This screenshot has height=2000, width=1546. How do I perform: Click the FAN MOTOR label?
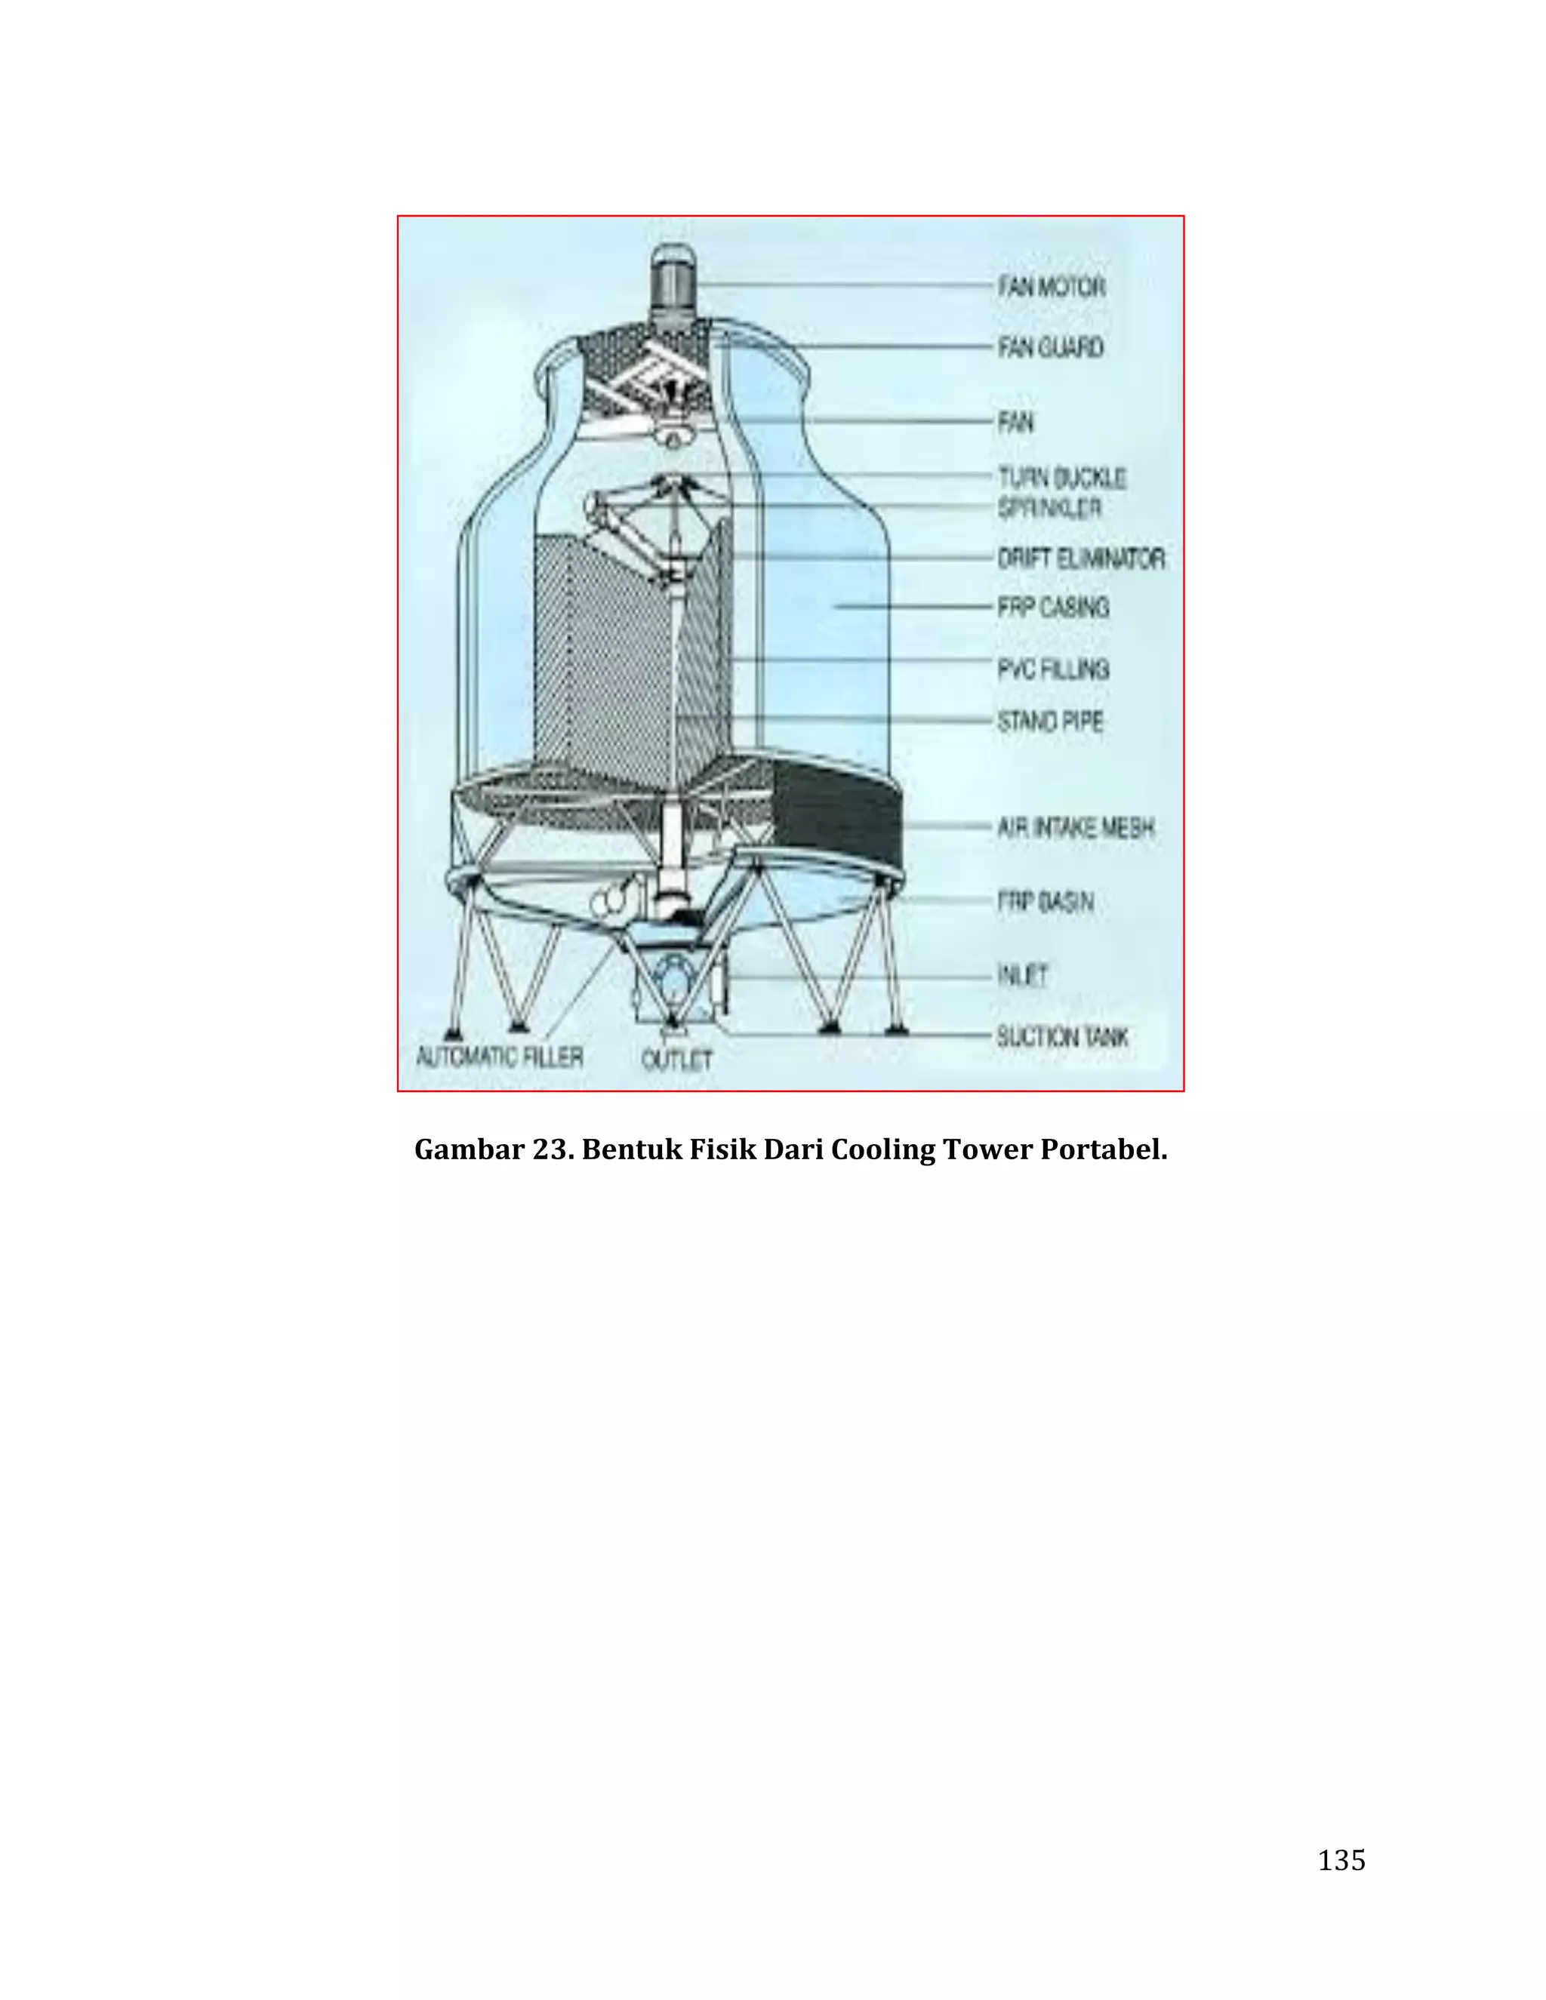[x=1052, y=287]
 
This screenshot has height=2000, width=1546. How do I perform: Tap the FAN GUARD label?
[x=1051, y=347]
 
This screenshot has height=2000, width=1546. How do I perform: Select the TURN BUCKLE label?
[x=1061, y=477]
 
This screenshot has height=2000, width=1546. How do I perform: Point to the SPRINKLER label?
[x=1049, y=507]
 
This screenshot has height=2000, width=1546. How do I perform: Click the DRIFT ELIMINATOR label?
[x=1081, y=558]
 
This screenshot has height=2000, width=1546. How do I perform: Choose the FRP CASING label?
[x=1053, y=606]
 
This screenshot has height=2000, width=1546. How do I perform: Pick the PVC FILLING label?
[x=1053, y=669]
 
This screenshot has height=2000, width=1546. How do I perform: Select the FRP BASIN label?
[x=1046, y=901]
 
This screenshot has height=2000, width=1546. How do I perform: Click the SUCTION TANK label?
[x=1062, y=1037]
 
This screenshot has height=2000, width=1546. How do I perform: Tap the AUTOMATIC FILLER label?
[x=500, y=1057]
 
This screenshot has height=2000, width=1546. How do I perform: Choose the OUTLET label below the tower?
[x=677, y=1060]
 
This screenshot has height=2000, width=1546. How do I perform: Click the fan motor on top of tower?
[x=674, y=283]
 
